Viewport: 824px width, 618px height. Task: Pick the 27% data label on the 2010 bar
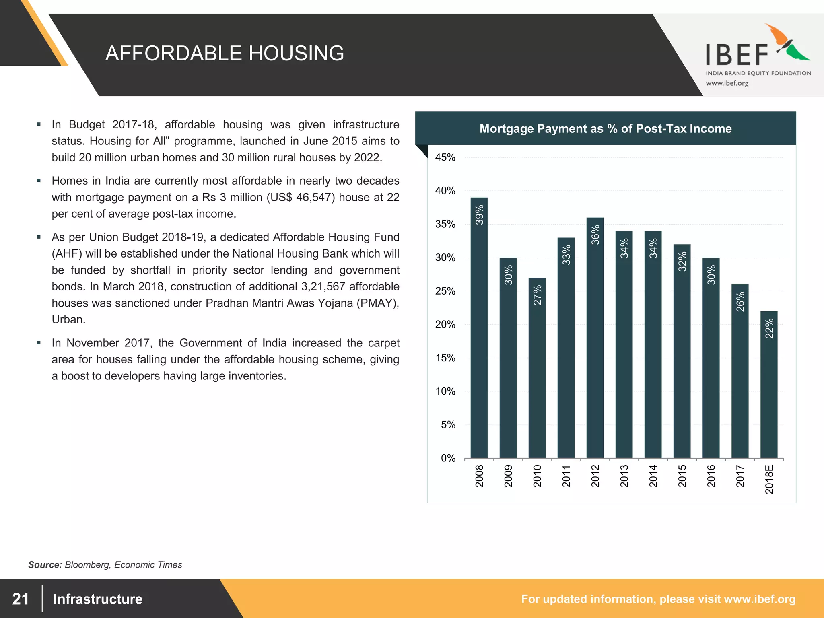coord(538,295)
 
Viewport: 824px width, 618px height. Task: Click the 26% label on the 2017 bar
coord(740,302)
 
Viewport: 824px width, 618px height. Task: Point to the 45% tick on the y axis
coord(445,157)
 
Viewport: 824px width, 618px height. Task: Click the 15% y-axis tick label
coord(445,358)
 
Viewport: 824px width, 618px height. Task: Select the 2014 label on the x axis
coord(653,476)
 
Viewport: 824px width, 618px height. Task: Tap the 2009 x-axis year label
coord(508,476)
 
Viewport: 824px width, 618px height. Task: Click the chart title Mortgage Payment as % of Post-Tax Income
coord(606,128)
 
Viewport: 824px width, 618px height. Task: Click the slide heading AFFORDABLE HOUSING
coord(225,53)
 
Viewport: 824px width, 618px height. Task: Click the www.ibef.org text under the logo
coord(727,83)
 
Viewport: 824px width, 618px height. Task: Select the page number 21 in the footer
coord(21,599)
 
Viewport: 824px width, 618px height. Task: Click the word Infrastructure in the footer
coord(98,599)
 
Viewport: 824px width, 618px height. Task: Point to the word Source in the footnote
coord(45,565)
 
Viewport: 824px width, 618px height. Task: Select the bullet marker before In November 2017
coord(39,343)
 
